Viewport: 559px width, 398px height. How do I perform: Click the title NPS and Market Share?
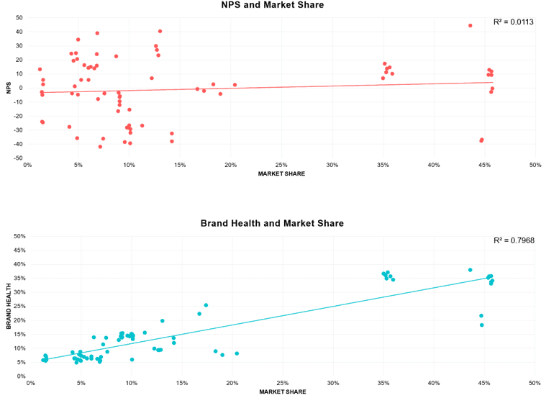pyautogui.click(x=273, y=6)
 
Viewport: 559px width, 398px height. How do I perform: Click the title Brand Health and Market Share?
pyautogui.click(x=272, y=224)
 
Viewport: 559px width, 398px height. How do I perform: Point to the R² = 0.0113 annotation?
pyautogui.click(x=513, y=22)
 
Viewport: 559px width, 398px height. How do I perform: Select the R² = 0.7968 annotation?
pyautogui.click(x=514, y=241)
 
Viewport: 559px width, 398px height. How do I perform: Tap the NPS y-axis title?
pyautogui.click(x=8, y=88)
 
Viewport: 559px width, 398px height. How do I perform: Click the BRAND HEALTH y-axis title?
pyautogui.click(x=9, y=306)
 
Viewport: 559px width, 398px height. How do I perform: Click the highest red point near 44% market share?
pyautogui.click(x=471, y=25)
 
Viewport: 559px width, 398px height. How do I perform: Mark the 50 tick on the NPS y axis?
pyautogui.click(x=19, y=17)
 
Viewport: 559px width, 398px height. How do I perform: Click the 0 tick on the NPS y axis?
pyautogui.click(x=21, y=88)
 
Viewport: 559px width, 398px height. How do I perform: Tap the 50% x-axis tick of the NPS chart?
pyautogui.click(x=535, y=165)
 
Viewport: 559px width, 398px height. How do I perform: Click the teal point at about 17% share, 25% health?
pyautogui.click(x=206, y=305)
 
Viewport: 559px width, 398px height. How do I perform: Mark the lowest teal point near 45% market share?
pyautogui.click(x=482, y=325)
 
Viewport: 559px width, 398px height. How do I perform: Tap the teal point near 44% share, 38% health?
pyautogui.click(x=470, y=270)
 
